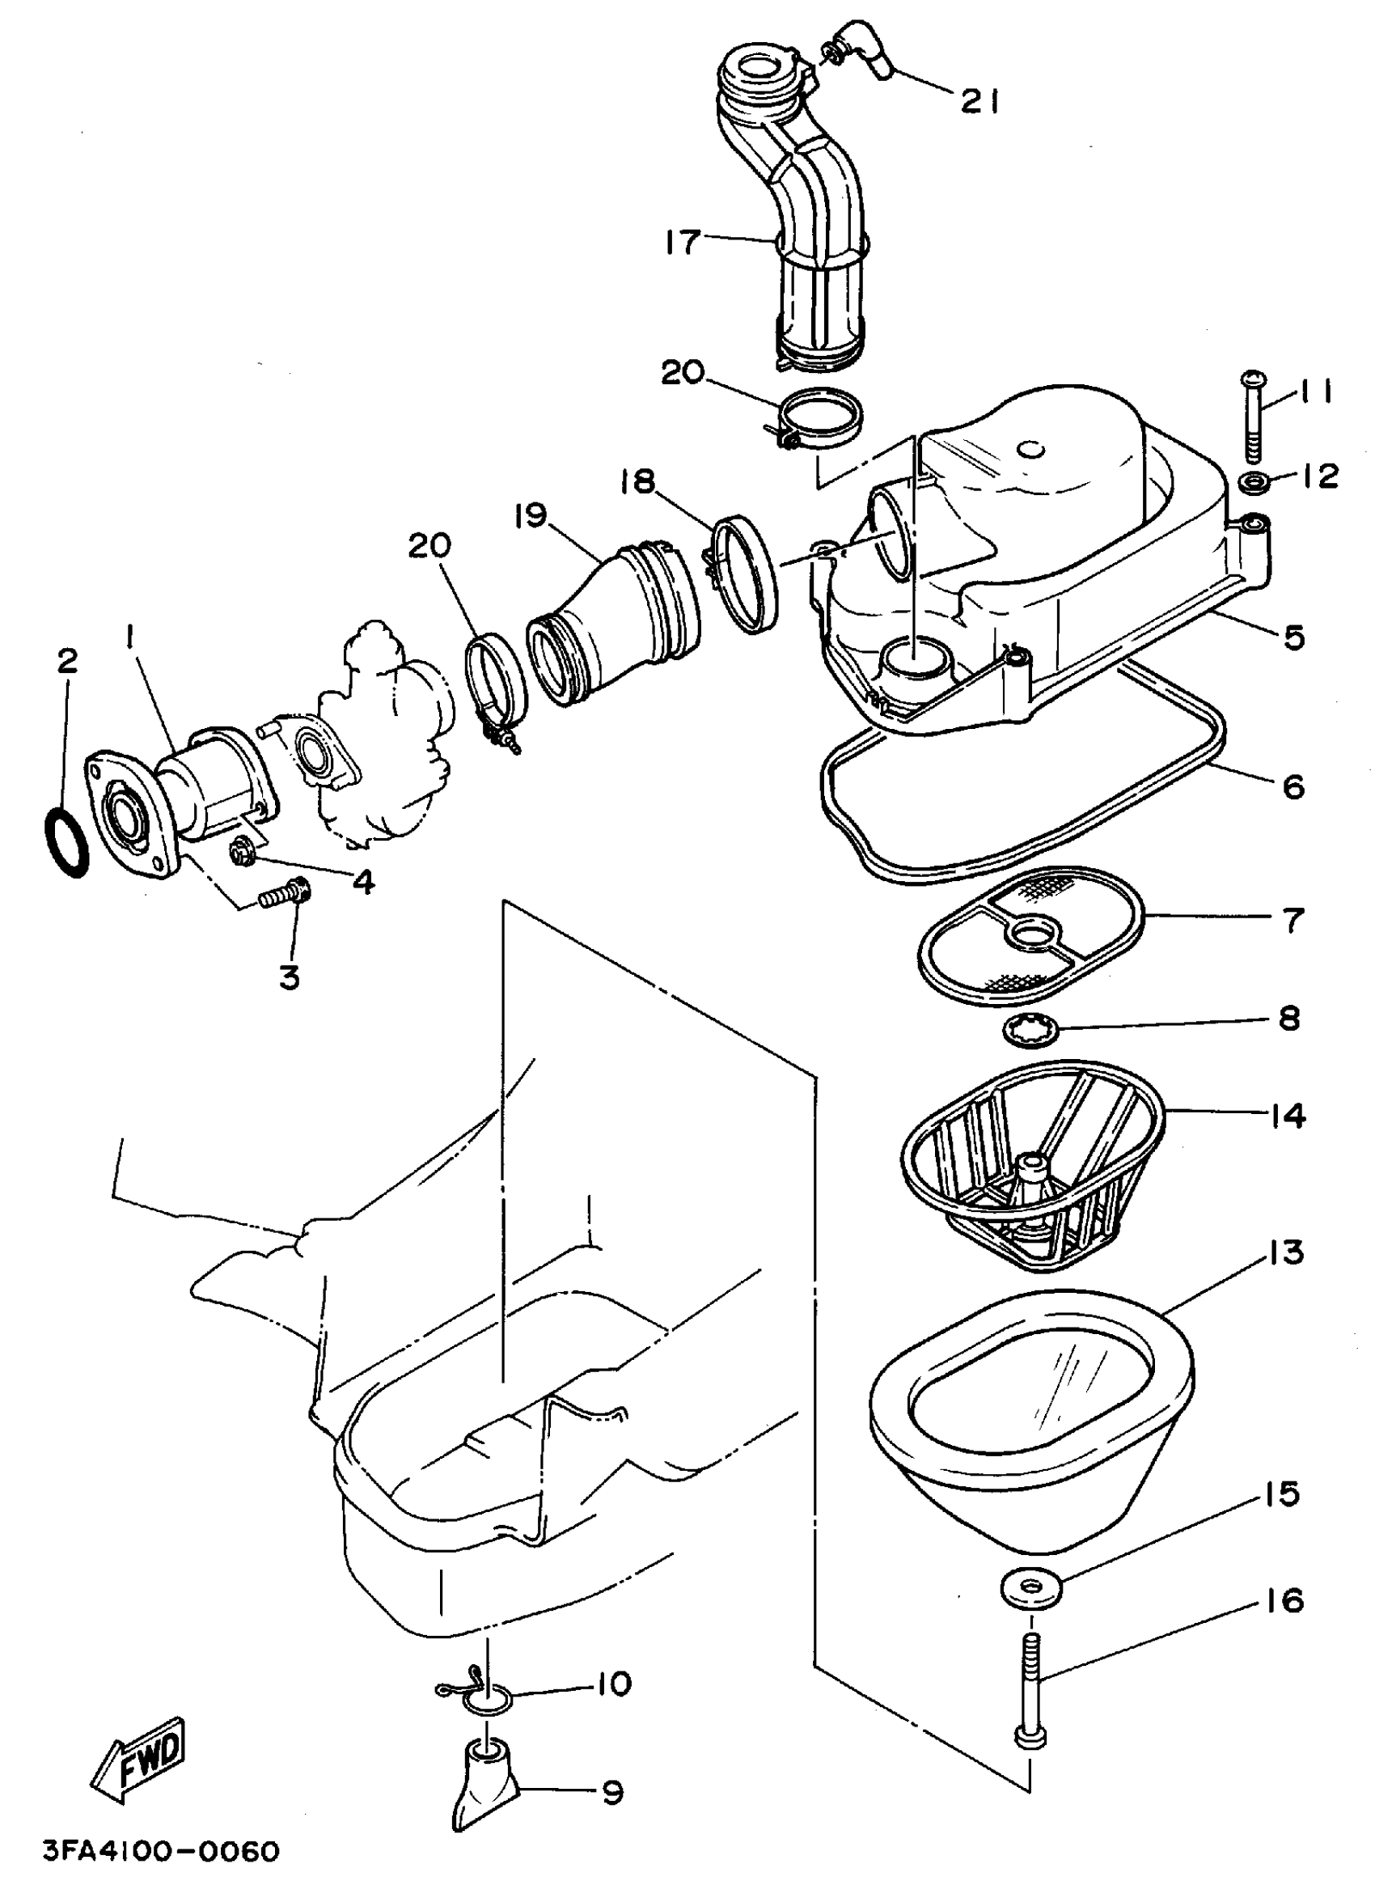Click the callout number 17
[682, 242]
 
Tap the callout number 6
[1293, 786]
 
